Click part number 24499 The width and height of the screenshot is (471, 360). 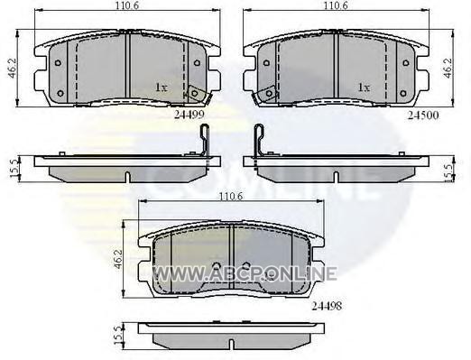pyautogui.click(x=189, y=115)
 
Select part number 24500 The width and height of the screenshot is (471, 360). pyautogui.click(x=423, y=115)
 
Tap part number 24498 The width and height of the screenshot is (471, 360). pyautogui.click(x=327, y=306)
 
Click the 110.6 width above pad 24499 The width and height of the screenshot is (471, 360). pyautogui.click(x=127, y=5)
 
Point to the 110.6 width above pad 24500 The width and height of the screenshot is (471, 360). pyautogui.click(x=336, y=5)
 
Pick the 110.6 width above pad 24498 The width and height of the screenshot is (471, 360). pyautogui.click(x=231, y=197)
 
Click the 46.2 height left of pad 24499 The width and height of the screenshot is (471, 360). pyautogui.click(x=12, y=69)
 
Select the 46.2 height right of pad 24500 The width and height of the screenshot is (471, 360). pyautogui.click(x=448, y=69)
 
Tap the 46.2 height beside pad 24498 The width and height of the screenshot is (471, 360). pyautogui.click(x=118, y=259)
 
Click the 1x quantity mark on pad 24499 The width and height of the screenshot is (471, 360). pyautogui.click(x=161, y=88)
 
